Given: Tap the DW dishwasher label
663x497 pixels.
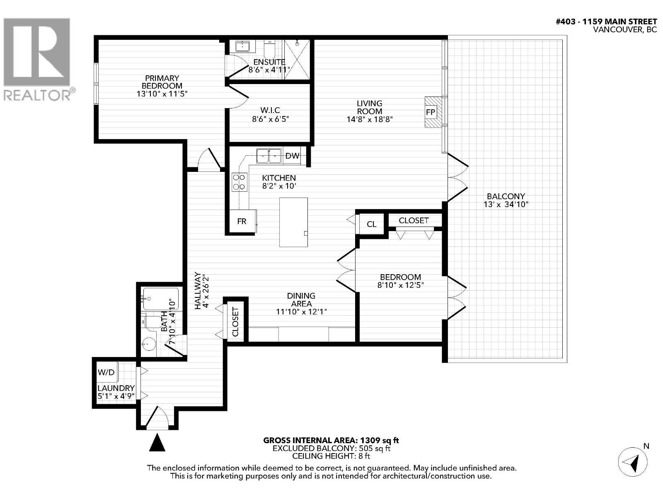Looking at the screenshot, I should point(293,156).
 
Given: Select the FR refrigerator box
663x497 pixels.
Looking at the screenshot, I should point(242,222).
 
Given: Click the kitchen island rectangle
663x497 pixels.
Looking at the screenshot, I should point(293,222).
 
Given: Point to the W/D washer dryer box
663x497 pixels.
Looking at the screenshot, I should point(106,372).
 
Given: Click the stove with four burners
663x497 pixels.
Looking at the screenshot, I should point(240,182).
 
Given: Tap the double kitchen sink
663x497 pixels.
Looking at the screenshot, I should point(269,156).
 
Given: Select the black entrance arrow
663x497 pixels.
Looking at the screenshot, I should point(157,442).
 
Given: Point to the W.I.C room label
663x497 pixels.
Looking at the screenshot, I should point(270,110).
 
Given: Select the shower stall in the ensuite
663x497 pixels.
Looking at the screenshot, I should point(297,59).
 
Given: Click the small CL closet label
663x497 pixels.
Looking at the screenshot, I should point(372,224).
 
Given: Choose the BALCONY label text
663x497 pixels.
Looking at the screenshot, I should point(506,196).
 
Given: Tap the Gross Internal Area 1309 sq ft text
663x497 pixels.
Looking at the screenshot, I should point(331,441).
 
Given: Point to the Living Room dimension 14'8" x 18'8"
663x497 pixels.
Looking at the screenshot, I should point(370,119).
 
